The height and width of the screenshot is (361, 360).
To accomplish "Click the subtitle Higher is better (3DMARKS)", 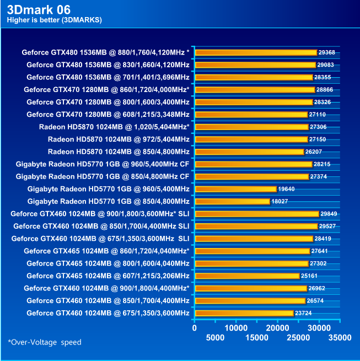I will coord(54,20).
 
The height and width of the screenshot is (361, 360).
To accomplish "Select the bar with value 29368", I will coord(255,52).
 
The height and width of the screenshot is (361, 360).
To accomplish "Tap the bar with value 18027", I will coord(232,201).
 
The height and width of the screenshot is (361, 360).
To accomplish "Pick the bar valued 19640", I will coord(235,189).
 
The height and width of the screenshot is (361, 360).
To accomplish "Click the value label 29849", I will coord(330,214).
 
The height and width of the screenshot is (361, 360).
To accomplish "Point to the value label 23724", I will coord(304,313).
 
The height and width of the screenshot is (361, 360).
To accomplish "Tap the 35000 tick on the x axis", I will coord(340,337).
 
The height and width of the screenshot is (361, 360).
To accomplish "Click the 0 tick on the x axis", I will coord(194,327).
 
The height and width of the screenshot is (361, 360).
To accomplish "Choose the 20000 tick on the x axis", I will coord(277,327).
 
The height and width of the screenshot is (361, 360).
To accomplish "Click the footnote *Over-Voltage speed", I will coord(45,342).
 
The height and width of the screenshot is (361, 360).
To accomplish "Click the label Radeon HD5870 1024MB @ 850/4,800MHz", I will coord(119,152).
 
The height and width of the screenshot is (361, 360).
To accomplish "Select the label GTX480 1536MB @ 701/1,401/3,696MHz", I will coord(108,77).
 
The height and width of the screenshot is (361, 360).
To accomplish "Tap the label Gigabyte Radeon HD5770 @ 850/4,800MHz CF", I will coord(103,176).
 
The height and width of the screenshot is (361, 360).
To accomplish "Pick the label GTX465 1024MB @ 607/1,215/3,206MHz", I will coord(108,276).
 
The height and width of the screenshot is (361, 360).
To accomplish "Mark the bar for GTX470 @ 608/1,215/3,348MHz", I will coord(250,115).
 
